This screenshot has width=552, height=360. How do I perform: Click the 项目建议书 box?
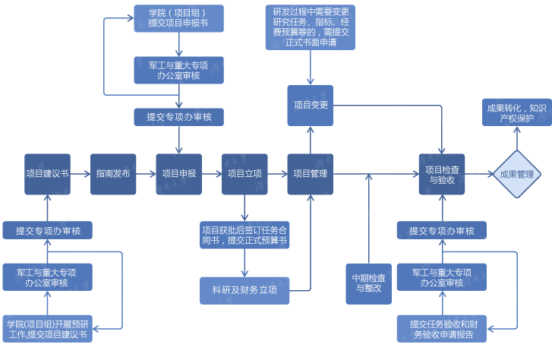pyautogui.click(x=47, y=174)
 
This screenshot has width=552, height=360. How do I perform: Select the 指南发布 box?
pyautogui.click(x=113, y=174)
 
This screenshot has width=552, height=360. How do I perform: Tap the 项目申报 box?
pyautogui.click(x=178, y=174)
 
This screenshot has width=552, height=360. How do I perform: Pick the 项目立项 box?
pyautogui.click(x=244, y=174)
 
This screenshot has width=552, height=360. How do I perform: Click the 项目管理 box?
pyautogui.click(x=310, y=174)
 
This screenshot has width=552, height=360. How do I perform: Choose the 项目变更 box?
pyautogui.click(x=310, y=105)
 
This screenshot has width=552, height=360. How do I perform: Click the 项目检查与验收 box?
pyautogui.click(x=441, y=174)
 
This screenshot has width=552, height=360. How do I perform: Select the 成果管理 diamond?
pyautogui.click(x=516, y=174)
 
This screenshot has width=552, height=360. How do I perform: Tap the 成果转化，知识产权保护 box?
pyautogui.click(x=516, y=112)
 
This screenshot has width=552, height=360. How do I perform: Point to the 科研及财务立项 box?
pyautogui.click(x=244, y=290)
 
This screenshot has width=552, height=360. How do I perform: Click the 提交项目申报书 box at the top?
pyautogui.click(x=179, y=19)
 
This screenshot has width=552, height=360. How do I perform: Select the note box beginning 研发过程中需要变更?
pyautogui.click(x=311, y=27)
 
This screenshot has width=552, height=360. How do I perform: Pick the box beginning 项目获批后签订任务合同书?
pyautogui.click(x=244, y=235)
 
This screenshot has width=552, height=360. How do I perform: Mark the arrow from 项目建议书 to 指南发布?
pyautogui.click(x=80, y=174)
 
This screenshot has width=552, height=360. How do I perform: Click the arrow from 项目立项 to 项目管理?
pyautogui.click(x=277, y=174)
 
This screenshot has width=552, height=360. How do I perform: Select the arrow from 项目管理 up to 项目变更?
pyautogui.click(x=310, y=140)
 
